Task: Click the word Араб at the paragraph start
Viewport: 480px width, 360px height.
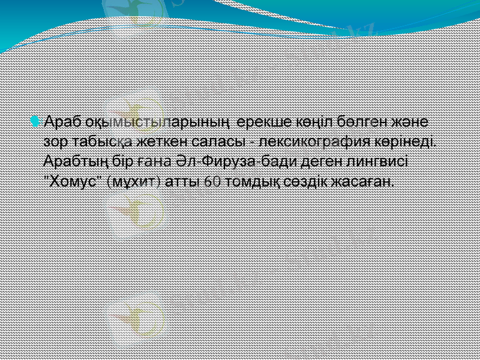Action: coord(62,122)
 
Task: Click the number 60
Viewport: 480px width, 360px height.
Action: coord(212,181)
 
